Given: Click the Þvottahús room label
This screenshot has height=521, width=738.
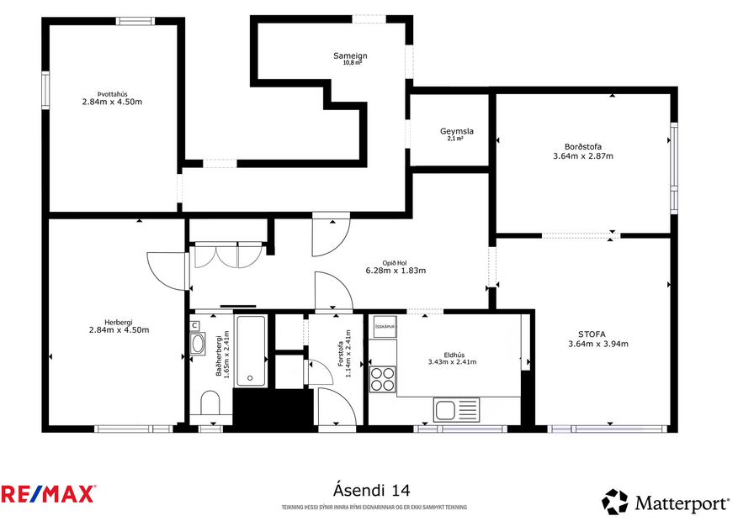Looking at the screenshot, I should (x=111, y=94).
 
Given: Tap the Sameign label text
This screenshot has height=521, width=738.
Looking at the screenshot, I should (x=350, y=55).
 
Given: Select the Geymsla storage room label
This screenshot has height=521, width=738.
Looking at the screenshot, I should (x=456, y=131).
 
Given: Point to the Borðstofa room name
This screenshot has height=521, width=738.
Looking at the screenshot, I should (x=582, y=146).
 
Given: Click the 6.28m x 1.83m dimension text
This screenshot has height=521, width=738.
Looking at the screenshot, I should (x=396, y=271).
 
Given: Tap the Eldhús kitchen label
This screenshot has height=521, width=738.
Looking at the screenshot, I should (x=452, y=354).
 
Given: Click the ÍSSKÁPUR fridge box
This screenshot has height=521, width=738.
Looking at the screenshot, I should (x=385, y=326).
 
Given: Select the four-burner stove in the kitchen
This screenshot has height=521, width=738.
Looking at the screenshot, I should (x=383, y=379).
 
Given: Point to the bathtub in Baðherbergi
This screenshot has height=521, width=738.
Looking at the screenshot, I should (x=251, y=350).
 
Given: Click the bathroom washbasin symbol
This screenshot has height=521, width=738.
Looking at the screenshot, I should (x=198, y=343).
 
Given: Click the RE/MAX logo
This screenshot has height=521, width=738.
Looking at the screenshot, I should (x=48, y=493).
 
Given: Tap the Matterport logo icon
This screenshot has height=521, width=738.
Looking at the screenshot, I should (x=614, y=502).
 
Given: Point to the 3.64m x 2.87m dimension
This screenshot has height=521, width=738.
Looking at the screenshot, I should (x=582, y=155).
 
